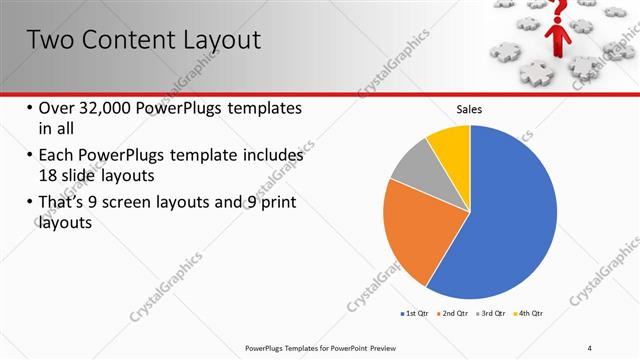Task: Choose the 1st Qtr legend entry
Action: (416, 313)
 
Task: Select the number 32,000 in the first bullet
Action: (111, 108)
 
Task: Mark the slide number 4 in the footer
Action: (590, 347)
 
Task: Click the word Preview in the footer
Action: (393, 347)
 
